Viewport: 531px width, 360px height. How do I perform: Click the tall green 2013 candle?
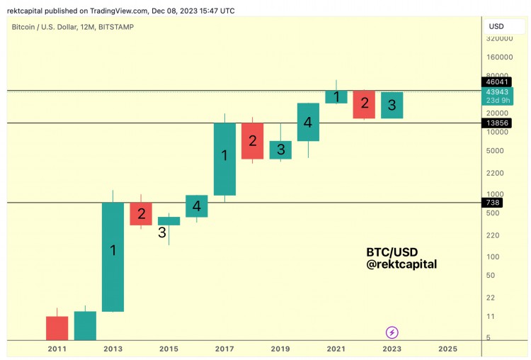113,257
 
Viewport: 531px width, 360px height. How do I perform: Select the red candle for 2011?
57,327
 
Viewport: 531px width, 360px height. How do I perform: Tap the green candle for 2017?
224,159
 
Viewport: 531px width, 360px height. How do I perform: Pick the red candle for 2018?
253,141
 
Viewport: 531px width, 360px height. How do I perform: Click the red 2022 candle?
364,104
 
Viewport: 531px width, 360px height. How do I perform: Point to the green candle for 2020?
308,122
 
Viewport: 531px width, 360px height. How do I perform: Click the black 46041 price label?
493,81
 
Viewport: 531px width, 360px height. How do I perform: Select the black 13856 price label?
493,123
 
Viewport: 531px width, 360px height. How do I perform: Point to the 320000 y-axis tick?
499,38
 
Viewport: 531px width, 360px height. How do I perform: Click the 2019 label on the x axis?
280,349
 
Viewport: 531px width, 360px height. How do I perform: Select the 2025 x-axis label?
447,349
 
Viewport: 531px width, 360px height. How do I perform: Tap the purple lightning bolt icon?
392,332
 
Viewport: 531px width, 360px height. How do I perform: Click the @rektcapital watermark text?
401,264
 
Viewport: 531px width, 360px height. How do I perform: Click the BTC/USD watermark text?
392,252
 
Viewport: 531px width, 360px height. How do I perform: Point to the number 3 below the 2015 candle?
162,232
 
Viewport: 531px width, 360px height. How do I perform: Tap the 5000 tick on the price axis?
495,150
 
